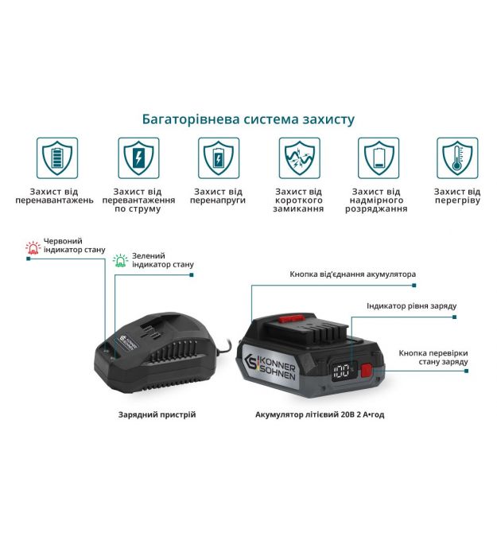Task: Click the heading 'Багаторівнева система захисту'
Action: pyautogui.click(x=248, y=119)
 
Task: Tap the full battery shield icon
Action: pyautogui.click(x=57, y=158)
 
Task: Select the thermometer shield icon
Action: pyautogui.click(x=457, y=158)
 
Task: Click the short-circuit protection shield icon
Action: pyautogui.click(x=299, y=158)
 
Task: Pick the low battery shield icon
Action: pyautogui.click(x=379, y=158)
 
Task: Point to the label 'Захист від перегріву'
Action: pyautogui.click(x=457, y=196)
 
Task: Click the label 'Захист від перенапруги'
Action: pyautogui.click(x=218, y=196)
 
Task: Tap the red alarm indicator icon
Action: pyautogui.click(x=33, y=247)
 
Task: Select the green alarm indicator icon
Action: pyautogui.click(x=121, y=260)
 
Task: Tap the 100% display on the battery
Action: pyautogui.click(x=343, y=371)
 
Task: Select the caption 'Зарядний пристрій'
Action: pyautogui.click(x=157, y=414)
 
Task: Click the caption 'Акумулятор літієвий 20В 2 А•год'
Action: pyautogui.click(x=320, y=414)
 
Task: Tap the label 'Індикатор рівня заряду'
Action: pyautogui.click(x=411, y=306)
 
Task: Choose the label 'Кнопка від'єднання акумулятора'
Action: pyautogui.click(x=352, y=274)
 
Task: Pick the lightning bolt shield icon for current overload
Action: pyautogui.click(x=138, y=158)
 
